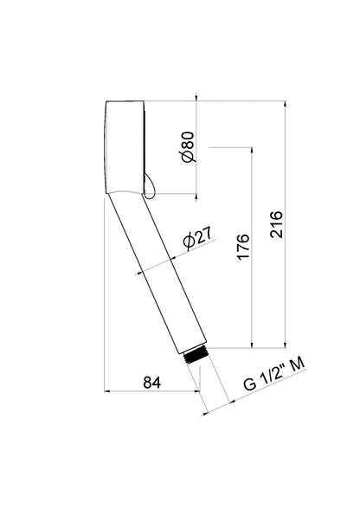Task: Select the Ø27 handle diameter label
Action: [x=198, y=242]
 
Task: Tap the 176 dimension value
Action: [x=242, y=248]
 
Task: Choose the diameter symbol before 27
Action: [x=189, y=247]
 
